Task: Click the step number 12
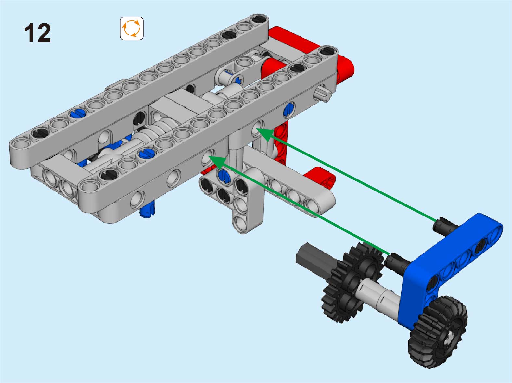point(37,32)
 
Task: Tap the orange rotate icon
point(132,29)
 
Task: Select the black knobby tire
point(438,332)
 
